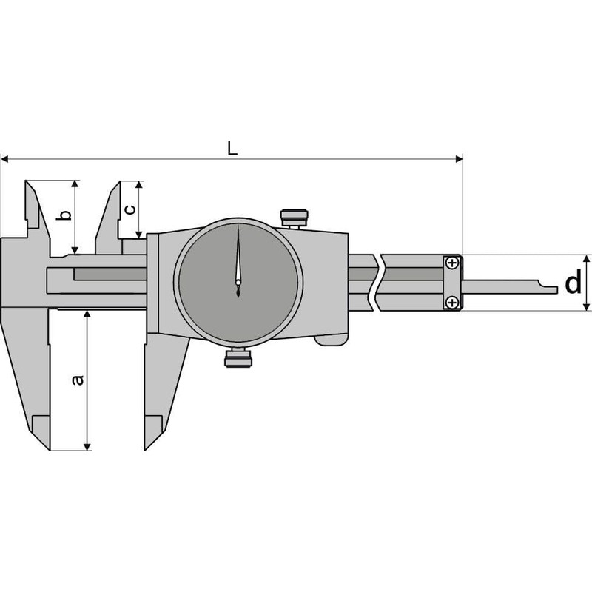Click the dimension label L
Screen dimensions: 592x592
[232, 147]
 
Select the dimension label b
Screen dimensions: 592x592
[64, 215]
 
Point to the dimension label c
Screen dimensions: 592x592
[129, 209]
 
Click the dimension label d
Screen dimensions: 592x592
[573, 283]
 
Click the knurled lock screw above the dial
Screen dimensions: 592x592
[294, 218]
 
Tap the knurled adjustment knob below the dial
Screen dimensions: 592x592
[238, 358]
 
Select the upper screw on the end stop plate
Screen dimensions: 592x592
[452, 263]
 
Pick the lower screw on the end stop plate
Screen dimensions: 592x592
[452, 301]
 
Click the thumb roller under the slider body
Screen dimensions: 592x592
[330, 340]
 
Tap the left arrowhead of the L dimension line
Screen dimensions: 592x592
[4, 158]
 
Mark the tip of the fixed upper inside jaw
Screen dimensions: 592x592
[27, 181]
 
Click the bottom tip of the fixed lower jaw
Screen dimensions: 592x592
[50, 449]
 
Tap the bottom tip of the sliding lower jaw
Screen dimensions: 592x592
[146, 449]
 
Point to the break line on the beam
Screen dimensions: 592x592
[378, 283]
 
